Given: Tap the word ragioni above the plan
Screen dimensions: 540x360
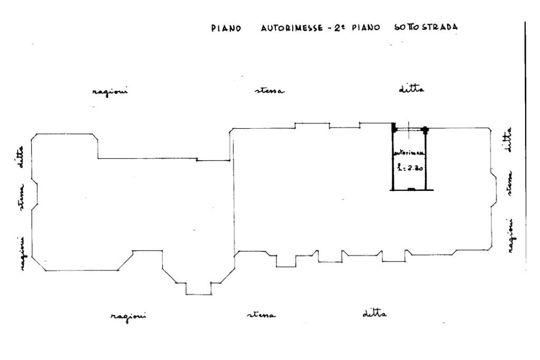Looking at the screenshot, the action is point(110,91).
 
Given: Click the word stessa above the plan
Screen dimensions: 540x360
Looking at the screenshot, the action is point(269,91).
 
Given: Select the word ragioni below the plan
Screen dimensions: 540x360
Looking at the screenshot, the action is point(129,316).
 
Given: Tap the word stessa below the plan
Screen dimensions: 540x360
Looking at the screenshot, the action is point(262,316).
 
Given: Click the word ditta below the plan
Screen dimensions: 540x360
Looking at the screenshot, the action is point(375,314).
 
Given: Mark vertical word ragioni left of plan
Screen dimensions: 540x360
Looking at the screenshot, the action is point(23,254).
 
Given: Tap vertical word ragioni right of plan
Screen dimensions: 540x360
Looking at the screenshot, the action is point(511,236).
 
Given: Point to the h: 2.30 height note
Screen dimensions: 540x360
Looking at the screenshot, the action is point(411,169).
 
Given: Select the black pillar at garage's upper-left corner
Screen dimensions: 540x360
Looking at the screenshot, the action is point(393,127).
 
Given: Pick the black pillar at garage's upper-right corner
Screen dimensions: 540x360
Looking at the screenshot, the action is point(426,128).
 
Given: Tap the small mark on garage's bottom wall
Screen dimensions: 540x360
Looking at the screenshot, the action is point(412,189).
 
